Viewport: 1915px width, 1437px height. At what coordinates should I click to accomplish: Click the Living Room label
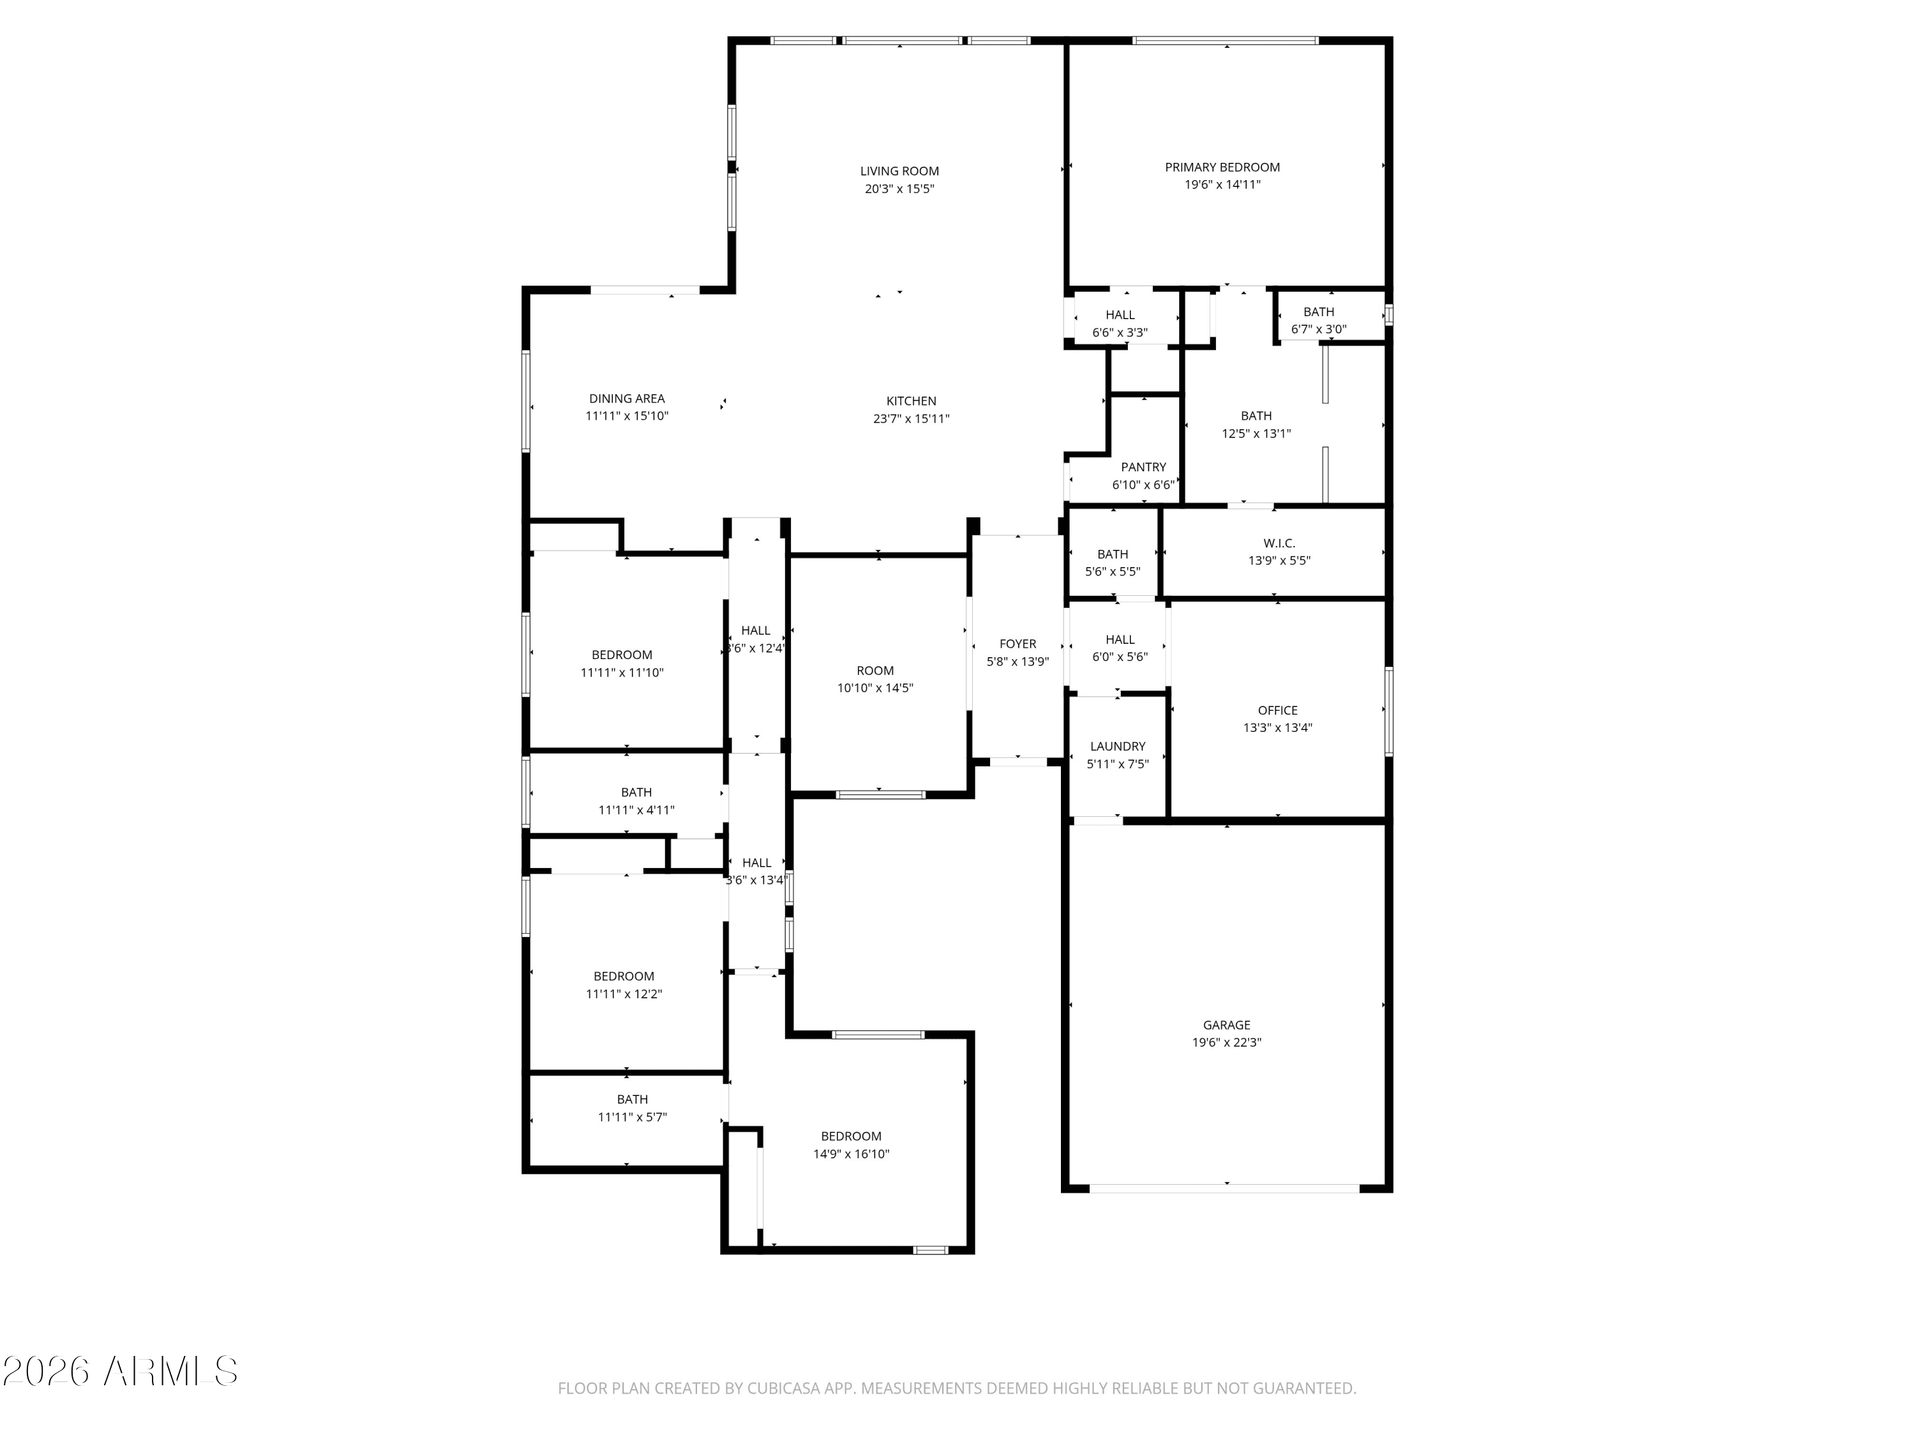pos(899,172)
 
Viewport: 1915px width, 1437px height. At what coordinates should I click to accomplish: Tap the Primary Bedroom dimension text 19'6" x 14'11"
pos(1222,185)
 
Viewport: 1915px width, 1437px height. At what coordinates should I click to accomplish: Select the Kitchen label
pos(911,401)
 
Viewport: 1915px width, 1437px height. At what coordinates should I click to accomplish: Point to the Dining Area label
pos(627,399)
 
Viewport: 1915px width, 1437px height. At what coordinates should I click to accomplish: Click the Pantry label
pos(1144,467)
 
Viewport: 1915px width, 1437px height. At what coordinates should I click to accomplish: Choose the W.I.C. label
pos(1279,543)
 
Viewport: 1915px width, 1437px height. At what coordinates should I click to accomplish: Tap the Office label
pos(1278,710)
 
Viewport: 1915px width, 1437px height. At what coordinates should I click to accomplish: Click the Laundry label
pos(1118,746)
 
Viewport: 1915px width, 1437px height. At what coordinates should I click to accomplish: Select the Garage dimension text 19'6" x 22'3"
pos(1227,1042)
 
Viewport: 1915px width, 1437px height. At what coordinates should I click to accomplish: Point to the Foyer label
pos(1018,644)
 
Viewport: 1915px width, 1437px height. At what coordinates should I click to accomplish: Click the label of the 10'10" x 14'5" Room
pos(875,671)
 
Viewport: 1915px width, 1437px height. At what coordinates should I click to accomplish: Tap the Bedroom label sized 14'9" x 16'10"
pos(851,1136)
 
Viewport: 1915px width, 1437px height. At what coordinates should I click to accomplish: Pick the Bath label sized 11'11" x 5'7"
pos(632,1099)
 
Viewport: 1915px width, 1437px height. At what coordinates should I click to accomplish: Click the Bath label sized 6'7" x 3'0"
pos(1319,312)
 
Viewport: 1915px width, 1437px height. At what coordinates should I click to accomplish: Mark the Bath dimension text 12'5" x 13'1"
pos(1256,433)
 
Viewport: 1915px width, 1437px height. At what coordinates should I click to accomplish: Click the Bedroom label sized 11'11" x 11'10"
pos(622,655)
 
